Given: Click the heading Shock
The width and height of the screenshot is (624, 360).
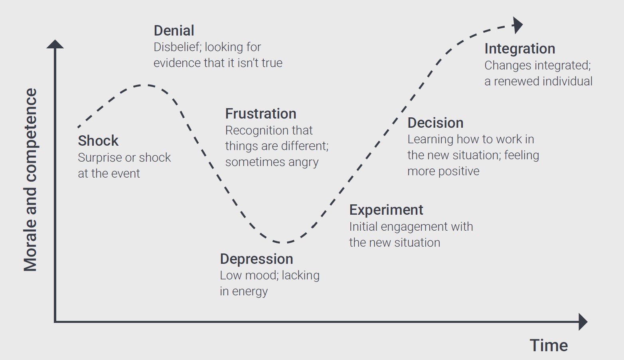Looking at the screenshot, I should pyautogui.click(x=98, y=141).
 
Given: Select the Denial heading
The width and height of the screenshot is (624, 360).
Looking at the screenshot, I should pyautogui.click(x=174, y=31).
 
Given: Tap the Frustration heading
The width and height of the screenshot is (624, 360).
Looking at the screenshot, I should pyautogui.click(x=261, y=114).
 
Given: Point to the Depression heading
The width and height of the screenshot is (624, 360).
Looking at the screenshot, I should pyautogui.click(x=257, y=259).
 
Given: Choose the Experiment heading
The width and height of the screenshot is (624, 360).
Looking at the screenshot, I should pyautogui.click(x=386, y=210).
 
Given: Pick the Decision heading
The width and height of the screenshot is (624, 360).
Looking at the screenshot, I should pyautogui.click(x=435, y=123).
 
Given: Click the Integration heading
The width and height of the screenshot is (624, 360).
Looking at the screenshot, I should pyautogui.click(x=519, y=49).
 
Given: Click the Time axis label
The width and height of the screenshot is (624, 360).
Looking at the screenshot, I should pyautogui.click(x=549, y=345).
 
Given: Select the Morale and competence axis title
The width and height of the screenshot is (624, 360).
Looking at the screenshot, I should pyautogui.click(x=30, y=180).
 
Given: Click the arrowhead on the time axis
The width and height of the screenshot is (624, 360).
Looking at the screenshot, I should pyautogui.click(x=583, y=322).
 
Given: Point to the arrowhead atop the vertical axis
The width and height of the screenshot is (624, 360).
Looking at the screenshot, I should pyautogui.click(x=55, y=44).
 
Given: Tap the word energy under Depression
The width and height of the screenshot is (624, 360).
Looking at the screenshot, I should pyautogui.click(x=250, y=292).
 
